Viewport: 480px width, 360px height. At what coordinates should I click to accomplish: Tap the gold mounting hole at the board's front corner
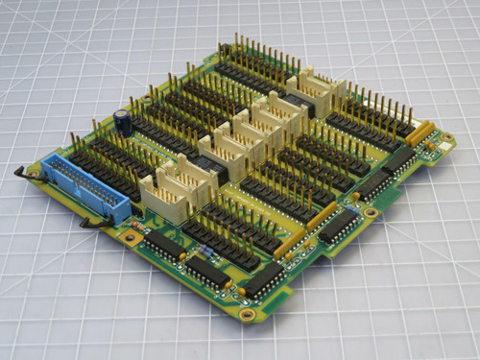pyautogui.click(x=247, y=314)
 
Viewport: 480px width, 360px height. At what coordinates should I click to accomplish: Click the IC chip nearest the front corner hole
pyautogui.click(x=262, y=280)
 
